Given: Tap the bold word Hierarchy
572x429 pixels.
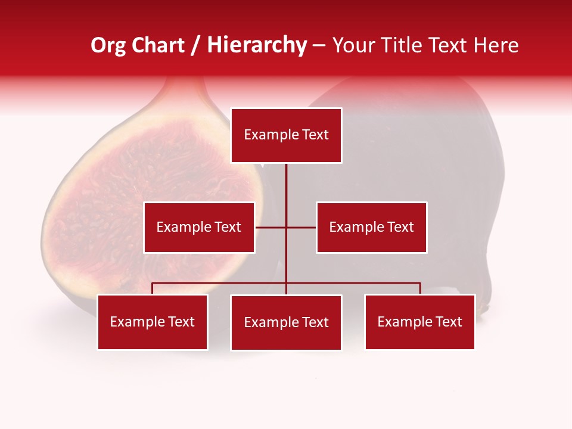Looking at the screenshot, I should (256, 45).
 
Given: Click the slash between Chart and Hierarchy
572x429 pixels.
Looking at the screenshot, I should (195, 45).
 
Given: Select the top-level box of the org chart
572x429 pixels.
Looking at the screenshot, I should (286, 135).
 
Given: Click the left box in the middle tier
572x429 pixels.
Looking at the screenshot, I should (199, 227).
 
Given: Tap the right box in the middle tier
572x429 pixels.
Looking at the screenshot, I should (371, 227).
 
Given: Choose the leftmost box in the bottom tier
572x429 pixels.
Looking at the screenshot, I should (153, 322).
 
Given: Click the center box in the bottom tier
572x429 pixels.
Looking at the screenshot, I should (286, 322).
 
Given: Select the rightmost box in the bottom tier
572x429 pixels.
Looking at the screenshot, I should (420, 322).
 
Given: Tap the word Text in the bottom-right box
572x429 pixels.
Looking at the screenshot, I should (449, 322).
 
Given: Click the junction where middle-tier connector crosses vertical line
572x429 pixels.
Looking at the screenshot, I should (286, 227).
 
